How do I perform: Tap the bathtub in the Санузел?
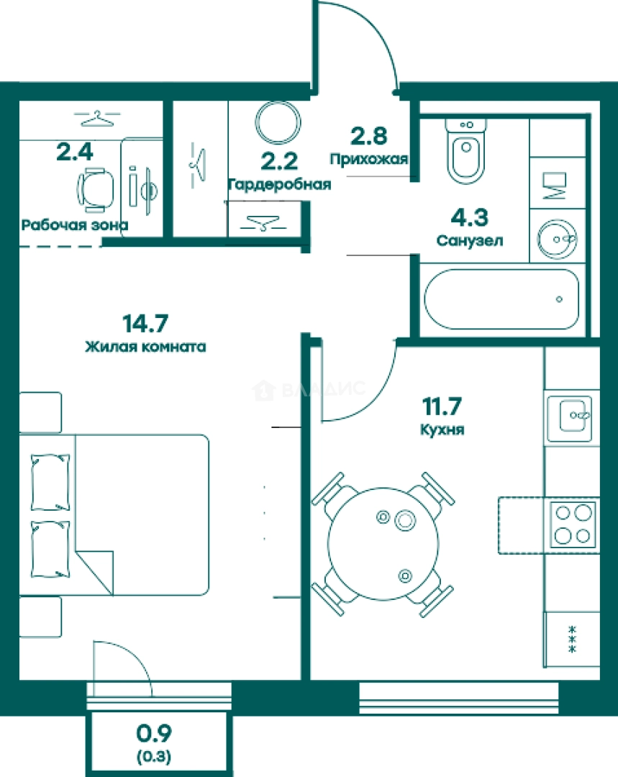coord(501,299)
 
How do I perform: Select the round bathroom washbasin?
coord(557,239)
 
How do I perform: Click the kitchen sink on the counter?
coord(570,419)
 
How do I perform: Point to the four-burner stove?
coord(573,524)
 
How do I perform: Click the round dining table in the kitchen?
coord(383,543)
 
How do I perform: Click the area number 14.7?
coord(145,324)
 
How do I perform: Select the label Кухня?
coord(442,430)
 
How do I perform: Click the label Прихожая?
coord(369,159)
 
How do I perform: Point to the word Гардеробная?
coord(279,185)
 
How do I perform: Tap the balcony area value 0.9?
coord(154,734)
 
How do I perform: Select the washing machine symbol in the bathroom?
coord(554,186)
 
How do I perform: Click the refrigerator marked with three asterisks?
coord(572,640)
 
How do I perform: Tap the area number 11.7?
coord(442,406)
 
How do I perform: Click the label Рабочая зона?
coord(75,225)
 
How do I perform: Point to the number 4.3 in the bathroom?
coord(469,217)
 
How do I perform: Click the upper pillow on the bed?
coord(50,483)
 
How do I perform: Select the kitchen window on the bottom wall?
coord(458,698)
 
